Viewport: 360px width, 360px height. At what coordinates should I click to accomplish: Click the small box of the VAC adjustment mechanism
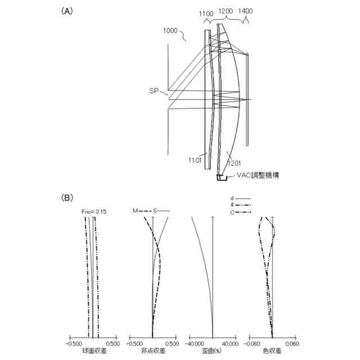click(x=222, y=178)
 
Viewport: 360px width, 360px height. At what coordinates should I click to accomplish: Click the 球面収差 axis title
click(x=92, y=351)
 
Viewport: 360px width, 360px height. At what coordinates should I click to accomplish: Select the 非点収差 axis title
click(x=153, y=351)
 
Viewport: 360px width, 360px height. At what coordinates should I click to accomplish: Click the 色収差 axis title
click(x=272, y=351)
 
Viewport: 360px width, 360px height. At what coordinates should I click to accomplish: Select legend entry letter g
click(x=232, y=205)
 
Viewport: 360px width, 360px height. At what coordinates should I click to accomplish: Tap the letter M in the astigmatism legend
click(x=135, y=211)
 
